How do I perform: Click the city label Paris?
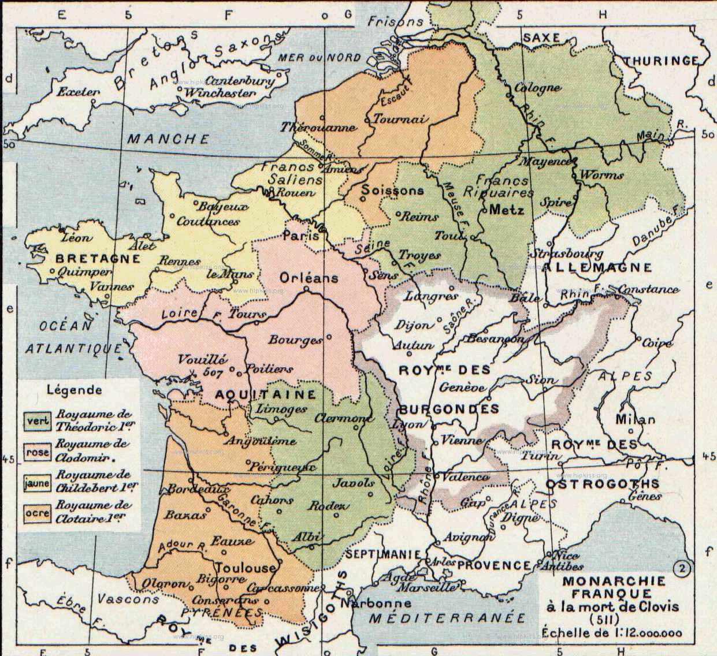tap(300, 236)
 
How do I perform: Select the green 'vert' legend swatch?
tap(36, 420)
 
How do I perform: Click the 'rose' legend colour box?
tap(36, 452)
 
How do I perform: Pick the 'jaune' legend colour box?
tap(36, 483)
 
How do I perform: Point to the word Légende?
tap(75, 389)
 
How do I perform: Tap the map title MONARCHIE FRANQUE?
tap(614, 587)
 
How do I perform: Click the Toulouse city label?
tap(247, 568)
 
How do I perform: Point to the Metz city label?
tap(506, 210)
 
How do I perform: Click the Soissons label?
tap(392, 190)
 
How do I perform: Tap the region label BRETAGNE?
tap(98, 259)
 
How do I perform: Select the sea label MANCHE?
tap(168, 139)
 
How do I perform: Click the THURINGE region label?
tap(661, 60)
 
